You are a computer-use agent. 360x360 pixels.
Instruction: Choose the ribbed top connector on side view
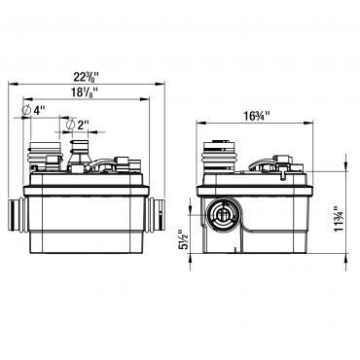(222, 157)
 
